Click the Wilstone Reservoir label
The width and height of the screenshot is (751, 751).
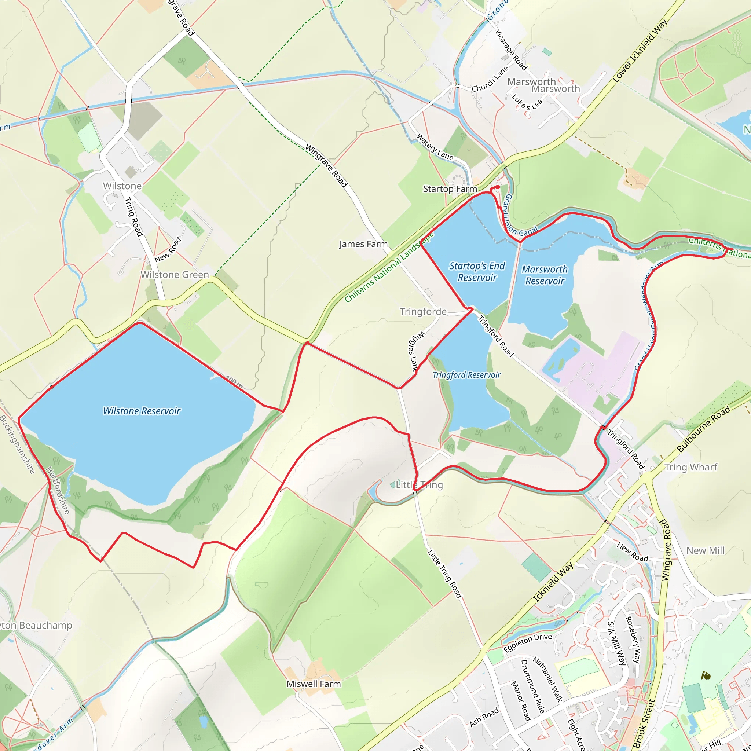pos(142,411)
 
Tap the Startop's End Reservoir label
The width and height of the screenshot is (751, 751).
pos(477,272)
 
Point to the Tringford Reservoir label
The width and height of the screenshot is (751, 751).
pos(466,375)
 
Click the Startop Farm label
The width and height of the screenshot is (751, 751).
pos(450,189)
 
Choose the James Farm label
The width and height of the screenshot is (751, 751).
pos(363,244)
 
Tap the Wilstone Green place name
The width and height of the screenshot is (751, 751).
pos(175,275)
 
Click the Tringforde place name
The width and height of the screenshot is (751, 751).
pos(423,312)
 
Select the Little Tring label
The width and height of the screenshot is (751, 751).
pos(420,485)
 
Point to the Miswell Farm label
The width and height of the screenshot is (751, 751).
pos(314,684)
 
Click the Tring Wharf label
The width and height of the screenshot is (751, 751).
pos(691,467)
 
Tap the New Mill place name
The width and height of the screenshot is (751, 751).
pos(705,550)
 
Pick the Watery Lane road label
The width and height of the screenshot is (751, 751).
pos(435,147)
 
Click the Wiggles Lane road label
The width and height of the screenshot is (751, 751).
pos(414,352)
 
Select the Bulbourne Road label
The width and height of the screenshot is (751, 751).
pos(704,429)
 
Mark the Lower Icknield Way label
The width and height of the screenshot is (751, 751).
pos(640,51)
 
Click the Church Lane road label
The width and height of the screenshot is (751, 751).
pos(490,80)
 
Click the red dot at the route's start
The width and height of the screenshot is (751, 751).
pos(498,187)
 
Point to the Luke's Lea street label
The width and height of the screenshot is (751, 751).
pos(527,102)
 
